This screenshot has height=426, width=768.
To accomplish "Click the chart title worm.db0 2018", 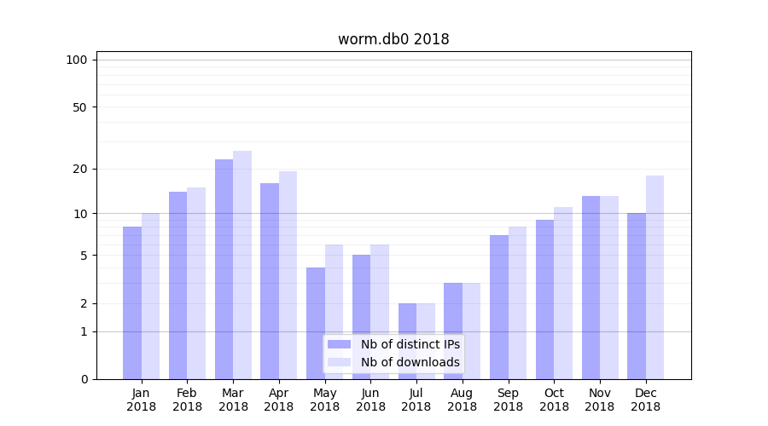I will pyautogui.click(x=393, y=39).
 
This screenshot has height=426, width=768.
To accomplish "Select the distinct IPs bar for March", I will pyautogui.click(x=224, y=268).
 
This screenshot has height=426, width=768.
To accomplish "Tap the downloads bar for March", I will pyautogui.click(x=242, y=264).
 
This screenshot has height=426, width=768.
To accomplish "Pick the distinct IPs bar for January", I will pyautogui.click(x=132, y=302).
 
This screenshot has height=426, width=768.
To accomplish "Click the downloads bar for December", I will pyautogui.click(x=655, y=277).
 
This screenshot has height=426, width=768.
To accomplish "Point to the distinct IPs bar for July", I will pyautogui.click(x=407, y=341).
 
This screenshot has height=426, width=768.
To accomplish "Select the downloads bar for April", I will pyautogui.click(x=288, y=274).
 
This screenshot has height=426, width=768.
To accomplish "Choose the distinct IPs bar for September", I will pyautogui.click(x=499, y=307).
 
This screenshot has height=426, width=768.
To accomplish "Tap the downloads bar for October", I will pyautogui.click(x=563, y=292).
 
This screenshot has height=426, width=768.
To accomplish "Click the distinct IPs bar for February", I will pyautogui.click(x=177, y=285).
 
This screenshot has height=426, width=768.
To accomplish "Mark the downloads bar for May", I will pyautogui.click(x=334, y=311).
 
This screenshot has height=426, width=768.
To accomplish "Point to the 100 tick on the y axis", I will pyautogui.click(x=77, y=60).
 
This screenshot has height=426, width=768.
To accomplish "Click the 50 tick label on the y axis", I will pyautogui.click(x=79, y=107).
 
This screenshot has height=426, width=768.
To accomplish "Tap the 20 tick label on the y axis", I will pyautogui.click(x=79, y=169).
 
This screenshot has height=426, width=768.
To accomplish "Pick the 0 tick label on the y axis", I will pyautogui.click(x=84, y=379).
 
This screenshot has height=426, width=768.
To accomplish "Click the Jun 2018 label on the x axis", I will pyautogui.click(x=370, y=400).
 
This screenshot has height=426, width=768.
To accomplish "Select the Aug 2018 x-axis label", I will pyautogui.click(x=463, y=400).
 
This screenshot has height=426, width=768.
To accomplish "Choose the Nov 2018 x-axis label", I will pyautogui.click(x=600, y=400).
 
